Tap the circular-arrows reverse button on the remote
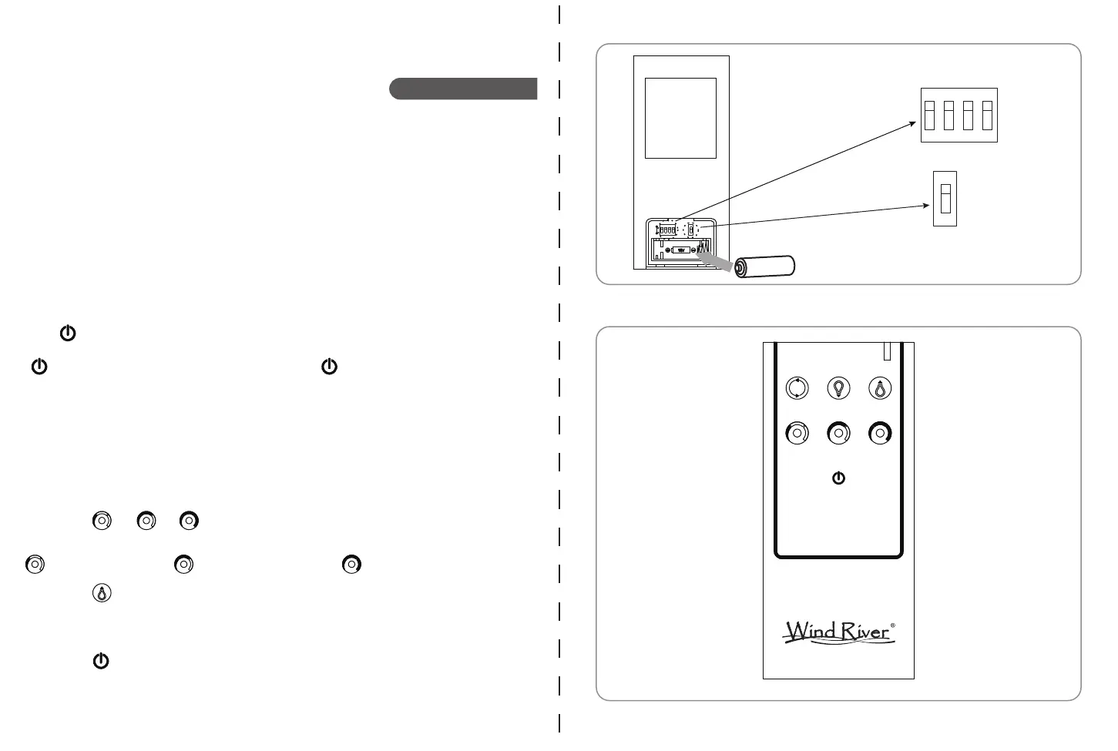coord(797,388)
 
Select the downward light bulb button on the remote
coord(838,388)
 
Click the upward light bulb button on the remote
coord(880,388)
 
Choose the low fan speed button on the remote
coord(797,434)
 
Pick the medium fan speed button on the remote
coord(838,434)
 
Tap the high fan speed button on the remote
coord(880,434)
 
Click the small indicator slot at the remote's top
coord(887,351)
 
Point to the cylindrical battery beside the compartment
coord(764,267)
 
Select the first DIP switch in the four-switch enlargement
coord(930,116)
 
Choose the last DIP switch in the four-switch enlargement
coord(987,116)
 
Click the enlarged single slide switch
coord(945,198)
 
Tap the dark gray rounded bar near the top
coord(463,89)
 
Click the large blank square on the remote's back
coord(680,118)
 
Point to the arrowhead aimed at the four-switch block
coord(913,123)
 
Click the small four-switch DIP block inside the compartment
coord(667,230)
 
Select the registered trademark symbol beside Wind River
coord(893,625)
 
